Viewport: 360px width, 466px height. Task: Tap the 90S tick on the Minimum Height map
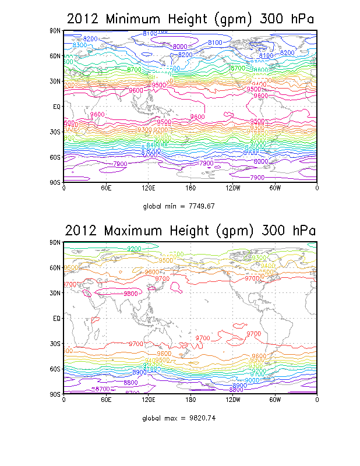[x=55, y=182]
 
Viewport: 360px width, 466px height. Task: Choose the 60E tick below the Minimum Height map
[x=105, y=188]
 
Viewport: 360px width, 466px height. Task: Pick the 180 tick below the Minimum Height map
[x=190, y=188]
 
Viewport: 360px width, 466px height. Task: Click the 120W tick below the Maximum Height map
[x=232, y=400]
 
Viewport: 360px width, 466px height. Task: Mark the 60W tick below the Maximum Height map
[x=275, y=400]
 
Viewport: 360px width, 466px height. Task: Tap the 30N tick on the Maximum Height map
[x=55, y=293]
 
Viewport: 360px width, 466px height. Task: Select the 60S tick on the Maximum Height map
[x=55, y=369]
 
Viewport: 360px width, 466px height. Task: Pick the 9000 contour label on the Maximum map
[x=252, y=380]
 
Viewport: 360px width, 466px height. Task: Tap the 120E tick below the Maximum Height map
[x=148, y=400]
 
